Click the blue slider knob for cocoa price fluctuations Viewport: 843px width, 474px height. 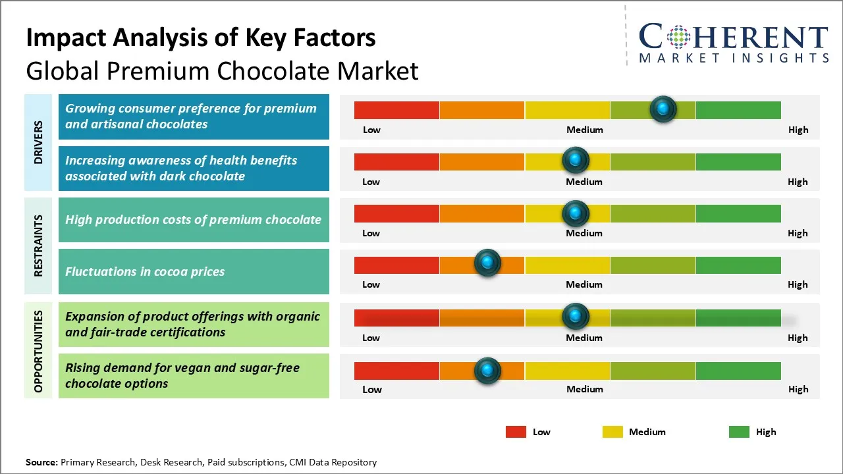487,263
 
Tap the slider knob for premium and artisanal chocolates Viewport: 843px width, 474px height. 663,109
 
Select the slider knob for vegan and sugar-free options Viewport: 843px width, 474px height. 487,371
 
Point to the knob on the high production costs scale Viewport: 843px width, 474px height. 576,213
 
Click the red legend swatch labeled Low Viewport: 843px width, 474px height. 516,432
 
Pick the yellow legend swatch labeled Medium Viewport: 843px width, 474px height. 612,432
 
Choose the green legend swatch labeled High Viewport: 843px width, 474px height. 739,432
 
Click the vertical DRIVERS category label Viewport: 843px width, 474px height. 38,142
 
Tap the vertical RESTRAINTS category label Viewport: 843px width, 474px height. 38,245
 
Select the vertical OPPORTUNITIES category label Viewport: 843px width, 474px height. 38,351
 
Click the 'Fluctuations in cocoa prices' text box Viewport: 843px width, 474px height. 194,271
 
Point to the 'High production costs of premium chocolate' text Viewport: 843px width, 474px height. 193,220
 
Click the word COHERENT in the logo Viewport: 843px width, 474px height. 734,37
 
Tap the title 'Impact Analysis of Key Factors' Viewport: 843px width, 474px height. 201,38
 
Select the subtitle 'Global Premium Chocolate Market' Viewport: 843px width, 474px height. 222,70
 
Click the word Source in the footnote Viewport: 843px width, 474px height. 41,462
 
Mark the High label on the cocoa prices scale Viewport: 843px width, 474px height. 798,284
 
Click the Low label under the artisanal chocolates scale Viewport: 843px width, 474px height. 371,130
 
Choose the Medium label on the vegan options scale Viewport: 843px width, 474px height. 584,389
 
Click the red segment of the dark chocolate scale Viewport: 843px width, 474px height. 396,161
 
